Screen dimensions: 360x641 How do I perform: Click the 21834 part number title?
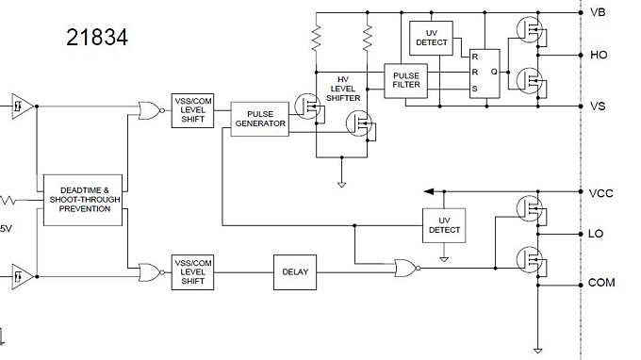(97, 38)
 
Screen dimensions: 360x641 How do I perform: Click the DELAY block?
(294, 271)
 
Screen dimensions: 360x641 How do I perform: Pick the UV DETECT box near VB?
(431, 38)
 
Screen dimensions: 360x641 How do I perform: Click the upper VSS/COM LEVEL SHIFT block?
(193, 110)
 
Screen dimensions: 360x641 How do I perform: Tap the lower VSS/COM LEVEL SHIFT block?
(193, 271)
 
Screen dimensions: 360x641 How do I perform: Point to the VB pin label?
(597, 12)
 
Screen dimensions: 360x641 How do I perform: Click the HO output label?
(598, 55)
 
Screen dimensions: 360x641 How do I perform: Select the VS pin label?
(597, 106)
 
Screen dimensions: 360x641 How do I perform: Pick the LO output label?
(597, 233)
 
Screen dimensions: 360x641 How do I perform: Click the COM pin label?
(600, 283)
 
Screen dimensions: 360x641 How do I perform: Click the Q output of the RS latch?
(493, 72)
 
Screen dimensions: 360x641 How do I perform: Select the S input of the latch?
(475, 90)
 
